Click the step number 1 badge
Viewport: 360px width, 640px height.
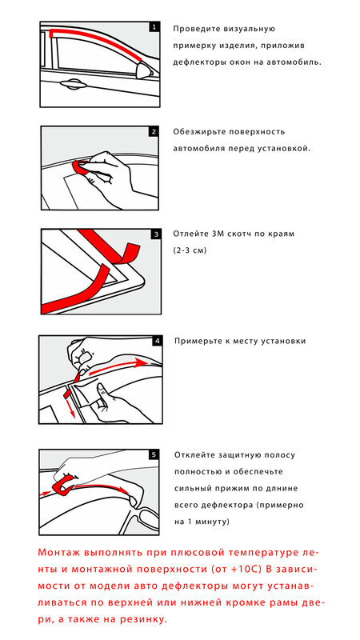coord(154,28)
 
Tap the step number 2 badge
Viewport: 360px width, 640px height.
coord(154,132)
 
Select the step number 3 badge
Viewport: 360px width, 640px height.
coord(156,234)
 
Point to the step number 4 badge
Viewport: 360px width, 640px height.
coord(157,341)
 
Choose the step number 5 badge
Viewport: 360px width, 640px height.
coord(154,454)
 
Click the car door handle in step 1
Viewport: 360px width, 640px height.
coord(74,84)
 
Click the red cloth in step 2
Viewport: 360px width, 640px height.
coord(82,166)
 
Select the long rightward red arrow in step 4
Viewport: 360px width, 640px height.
coord(118,366)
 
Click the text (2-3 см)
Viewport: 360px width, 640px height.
coord(190,250)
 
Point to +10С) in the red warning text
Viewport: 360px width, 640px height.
coord(245,570)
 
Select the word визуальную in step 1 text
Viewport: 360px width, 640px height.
coord(249,29)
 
